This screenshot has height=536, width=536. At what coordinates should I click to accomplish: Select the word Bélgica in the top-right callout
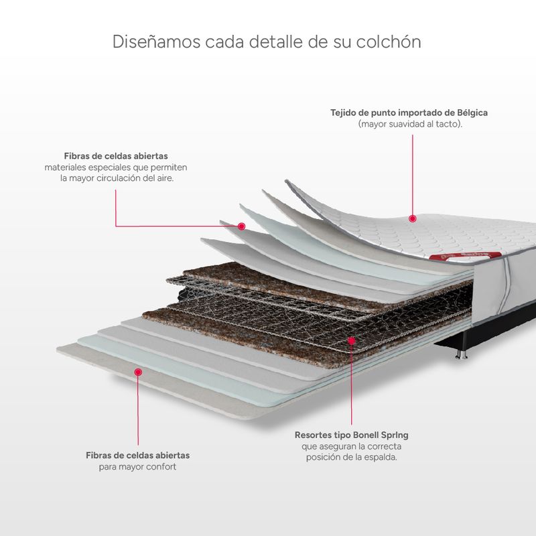point(472,113)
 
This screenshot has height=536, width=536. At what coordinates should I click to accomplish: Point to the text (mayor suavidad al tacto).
point(410,124)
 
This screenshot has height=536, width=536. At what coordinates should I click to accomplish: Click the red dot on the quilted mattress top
point(413,219)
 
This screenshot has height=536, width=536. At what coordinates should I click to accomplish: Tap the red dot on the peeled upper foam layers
point(242,226)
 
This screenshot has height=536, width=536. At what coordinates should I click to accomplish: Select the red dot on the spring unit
point(351,340)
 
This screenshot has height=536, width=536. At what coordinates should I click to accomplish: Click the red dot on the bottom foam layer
point(138,372)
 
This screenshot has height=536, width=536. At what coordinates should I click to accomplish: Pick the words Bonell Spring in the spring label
point(381,435)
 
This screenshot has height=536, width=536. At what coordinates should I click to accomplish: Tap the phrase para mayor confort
point(138,466)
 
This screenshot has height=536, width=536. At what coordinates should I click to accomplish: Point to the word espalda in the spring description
point(381,457)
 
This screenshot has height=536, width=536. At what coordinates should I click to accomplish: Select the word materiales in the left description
point(65,167)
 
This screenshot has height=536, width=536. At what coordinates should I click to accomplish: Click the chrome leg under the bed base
point(462,354)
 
